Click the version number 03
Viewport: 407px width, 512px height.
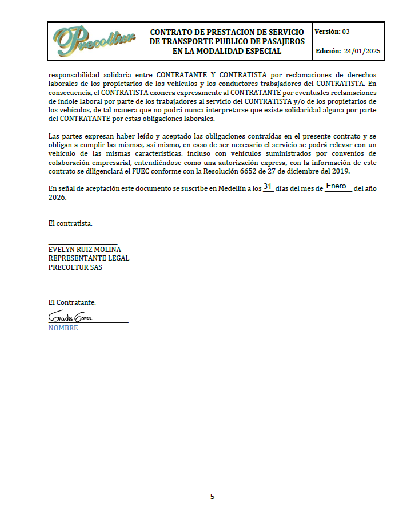click(346, 31)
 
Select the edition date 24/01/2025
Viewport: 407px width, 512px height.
click(362, 52)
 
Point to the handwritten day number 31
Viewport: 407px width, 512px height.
click(268, 187)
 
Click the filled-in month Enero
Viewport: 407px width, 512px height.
click(336, 187)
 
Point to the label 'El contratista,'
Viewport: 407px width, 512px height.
click(70, 223)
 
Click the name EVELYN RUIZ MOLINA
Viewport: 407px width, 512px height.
click(85, 249)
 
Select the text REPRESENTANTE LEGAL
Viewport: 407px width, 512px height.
click(89, 258)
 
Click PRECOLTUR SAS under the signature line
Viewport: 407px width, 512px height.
click(75, 267)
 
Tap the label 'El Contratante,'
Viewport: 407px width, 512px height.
click(72, 302)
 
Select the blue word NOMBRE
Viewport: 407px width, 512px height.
click(63, 328)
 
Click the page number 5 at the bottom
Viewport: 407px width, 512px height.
click(212, 496)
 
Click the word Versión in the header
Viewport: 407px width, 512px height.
click(328, 31)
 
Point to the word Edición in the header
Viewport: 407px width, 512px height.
click(328, 52)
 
